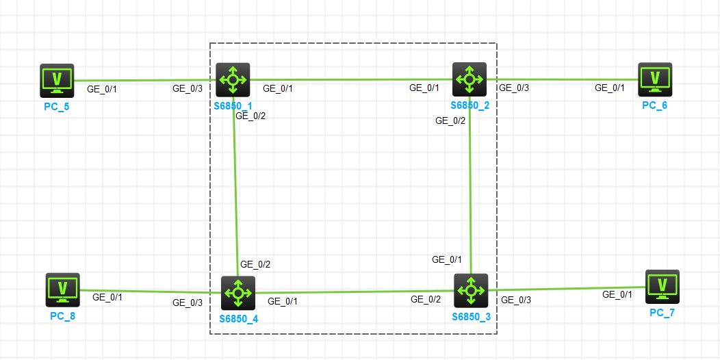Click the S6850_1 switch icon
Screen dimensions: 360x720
[233, 80]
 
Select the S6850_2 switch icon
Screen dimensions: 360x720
[470, 79]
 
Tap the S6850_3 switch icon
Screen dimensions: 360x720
[471, 290]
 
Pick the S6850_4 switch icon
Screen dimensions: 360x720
[238, 293]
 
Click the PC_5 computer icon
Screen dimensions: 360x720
[57, 80]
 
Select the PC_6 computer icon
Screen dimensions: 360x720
[655, 79]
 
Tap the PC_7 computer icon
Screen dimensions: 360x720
[662, 287]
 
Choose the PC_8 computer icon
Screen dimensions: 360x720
[63, 290]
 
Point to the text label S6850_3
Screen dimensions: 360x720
[471, 318]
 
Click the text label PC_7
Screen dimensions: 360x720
[663, 313]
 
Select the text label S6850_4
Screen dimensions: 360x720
[239, 319]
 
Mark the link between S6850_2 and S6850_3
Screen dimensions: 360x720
[470, 185]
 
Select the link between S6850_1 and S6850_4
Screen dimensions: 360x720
[235, 185]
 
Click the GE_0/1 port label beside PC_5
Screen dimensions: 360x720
[103, 89]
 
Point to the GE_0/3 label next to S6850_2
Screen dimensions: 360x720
[514, 88]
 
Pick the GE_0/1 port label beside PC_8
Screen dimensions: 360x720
[107, 297]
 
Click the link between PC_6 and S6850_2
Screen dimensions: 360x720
[561, 79]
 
